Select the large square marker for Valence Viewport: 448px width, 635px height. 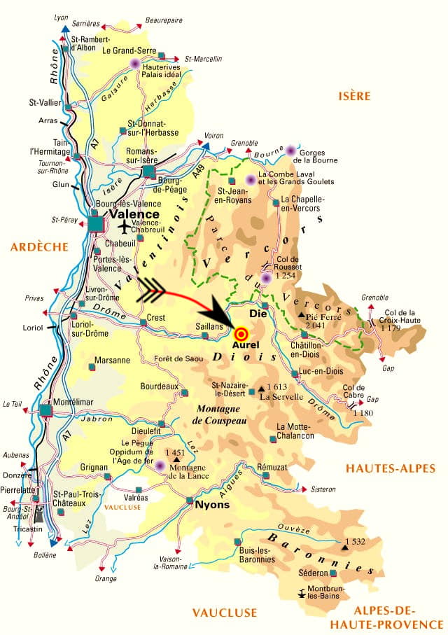(x=95, y=223)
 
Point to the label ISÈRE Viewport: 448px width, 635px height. (x=353, y=96)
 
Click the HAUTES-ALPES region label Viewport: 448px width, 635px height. (x=391, y=468)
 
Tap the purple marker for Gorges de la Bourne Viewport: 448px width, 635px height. (x=290, y=151)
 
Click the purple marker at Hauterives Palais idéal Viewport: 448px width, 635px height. (x=135, y=64)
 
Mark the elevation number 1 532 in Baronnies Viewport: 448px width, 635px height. (x=355, y=542)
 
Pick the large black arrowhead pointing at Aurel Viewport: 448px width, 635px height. (x=223, y=321)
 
